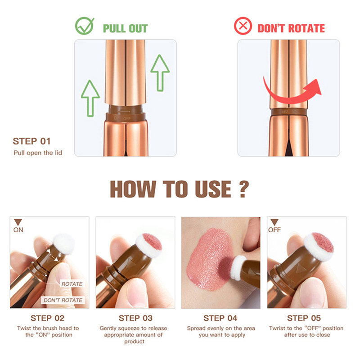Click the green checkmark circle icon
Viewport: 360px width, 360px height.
coord(84,26)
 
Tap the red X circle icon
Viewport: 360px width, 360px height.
coord(243,26)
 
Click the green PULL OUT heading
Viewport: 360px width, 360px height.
coord(125,28)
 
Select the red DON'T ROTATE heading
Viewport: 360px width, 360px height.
coord(291,28)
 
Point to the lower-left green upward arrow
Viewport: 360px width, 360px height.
coord(90,98)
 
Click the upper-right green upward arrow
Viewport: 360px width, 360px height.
coord(160,73)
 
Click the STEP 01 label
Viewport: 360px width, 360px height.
coord(31,141)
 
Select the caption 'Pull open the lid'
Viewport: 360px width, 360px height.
coord(38,153)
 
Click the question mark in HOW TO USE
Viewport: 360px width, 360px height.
coord(244,189)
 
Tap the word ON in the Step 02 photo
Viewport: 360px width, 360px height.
coord(18,230)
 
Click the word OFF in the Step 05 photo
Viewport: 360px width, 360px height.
coord(274,230)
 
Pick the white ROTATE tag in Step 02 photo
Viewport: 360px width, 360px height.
coord(72,284)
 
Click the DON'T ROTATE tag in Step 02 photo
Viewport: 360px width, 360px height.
coord(63,300)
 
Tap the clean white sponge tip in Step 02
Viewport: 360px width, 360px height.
coord(63,243)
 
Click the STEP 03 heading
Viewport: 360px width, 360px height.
coord(135,318)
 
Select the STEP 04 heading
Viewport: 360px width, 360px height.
coord(220,318)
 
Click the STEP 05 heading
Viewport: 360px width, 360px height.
coord(304,318)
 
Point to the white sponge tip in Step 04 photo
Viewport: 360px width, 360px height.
coord(238,267)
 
